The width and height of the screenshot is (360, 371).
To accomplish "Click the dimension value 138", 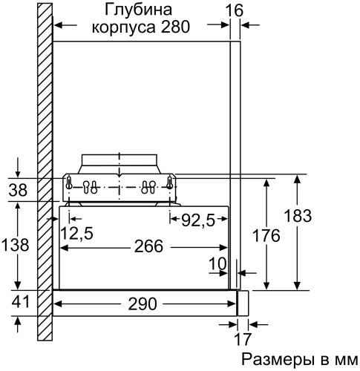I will click(17, 245).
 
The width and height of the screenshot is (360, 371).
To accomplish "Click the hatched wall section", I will click(45, 111).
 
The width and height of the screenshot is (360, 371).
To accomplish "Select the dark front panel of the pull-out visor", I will click(240, 303).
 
